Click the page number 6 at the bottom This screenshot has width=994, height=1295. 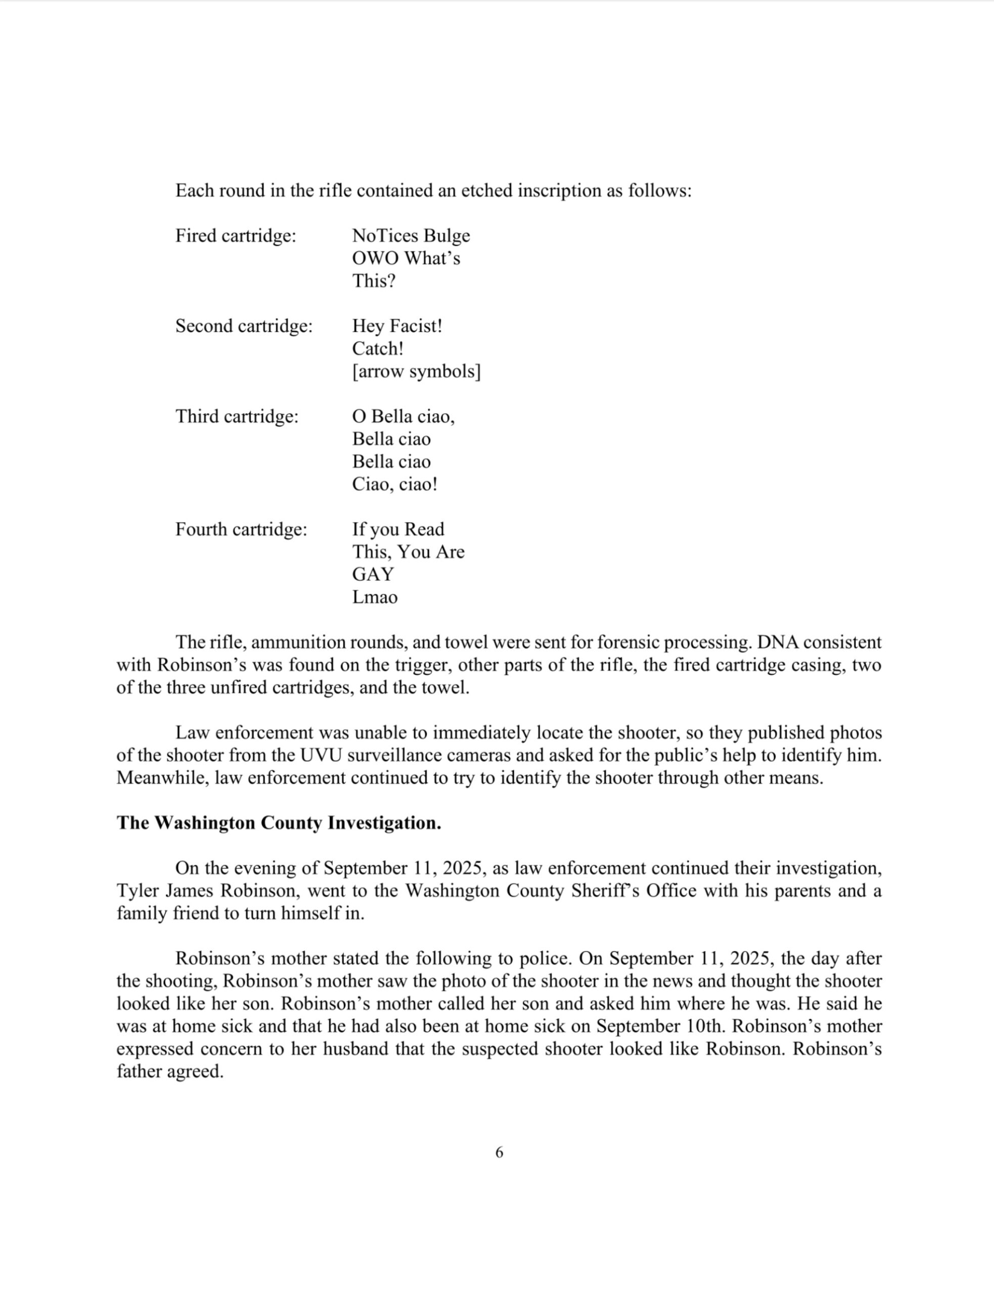pos(499,1152)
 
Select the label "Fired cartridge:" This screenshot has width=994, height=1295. pos(236,236)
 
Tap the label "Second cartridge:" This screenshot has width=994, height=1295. pos(244,326)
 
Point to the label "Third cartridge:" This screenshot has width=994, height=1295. pos(237,416)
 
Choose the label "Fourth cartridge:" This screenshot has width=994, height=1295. pos(241,529)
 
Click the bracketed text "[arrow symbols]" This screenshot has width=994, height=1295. pos(416,372)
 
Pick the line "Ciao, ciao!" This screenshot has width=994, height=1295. pos(395,484)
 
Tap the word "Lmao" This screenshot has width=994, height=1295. pos(375,597)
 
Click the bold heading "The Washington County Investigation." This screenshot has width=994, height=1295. pos(279,823)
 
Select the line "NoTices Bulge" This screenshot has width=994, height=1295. pos(411,236)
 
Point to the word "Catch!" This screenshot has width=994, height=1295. pos(378,349)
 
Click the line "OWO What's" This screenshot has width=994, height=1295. pos(406,258)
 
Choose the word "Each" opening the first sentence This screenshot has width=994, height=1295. pos(194,191)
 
